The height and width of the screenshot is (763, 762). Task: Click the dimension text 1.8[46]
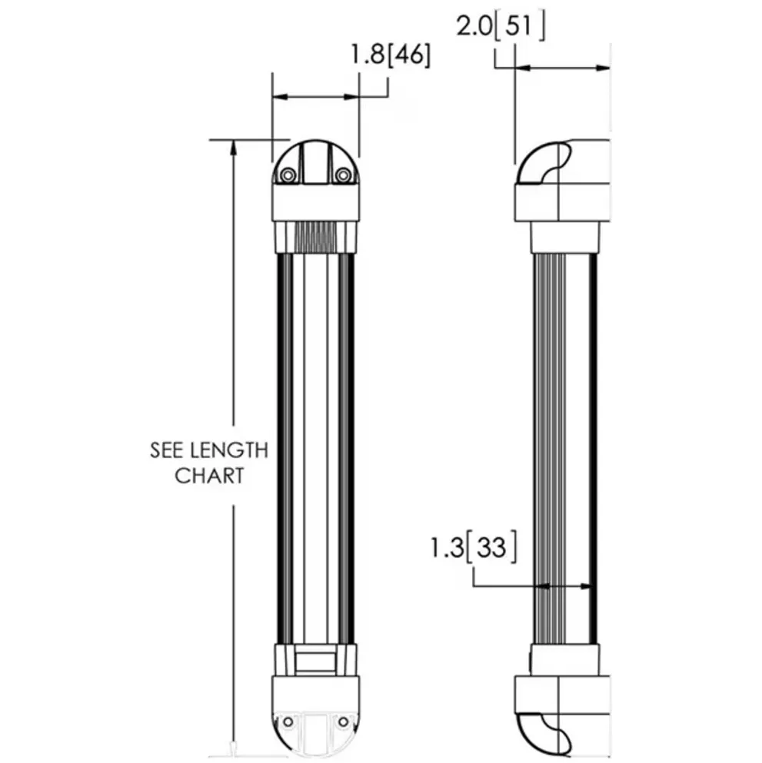(390, 56)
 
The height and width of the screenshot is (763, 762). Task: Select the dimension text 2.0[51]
(500, 28)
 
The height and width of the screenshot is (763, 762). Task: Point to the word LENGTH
(228, 450)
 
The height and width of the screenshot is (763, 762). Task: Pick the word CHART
(209, 476)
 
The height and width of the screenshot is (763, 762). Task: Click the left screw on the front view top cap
(288, 175)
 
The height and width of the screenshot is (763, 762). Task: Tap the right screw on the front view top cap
(343, 175)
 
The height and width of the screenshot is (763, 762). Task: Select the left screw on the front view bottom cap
(288, 722)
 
